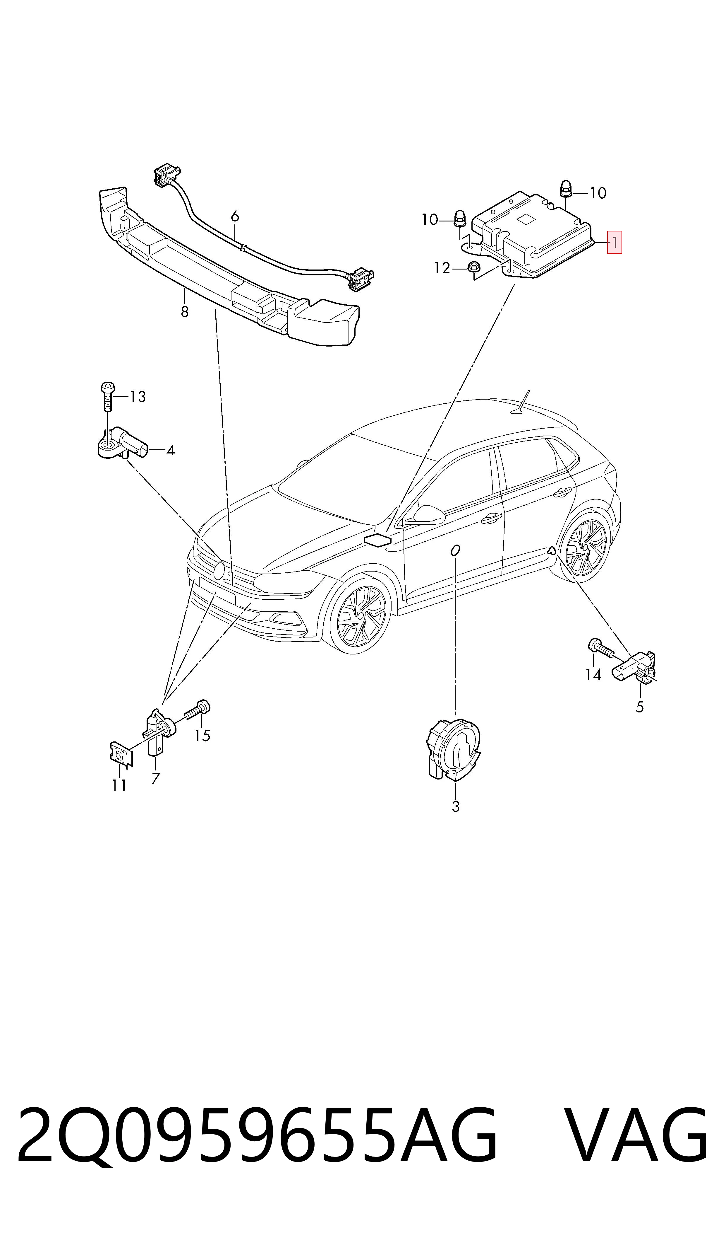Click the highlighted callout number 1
pyautogui.click(x=615, y=242)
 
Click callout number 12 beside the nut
pyautogui.click(x=442, y=268)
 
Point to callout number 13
pyautogui.click(x=138, y=397)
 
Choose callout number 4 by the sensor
pyautogui.click(x=170, y=450)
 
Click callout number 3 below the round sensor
pyautogui.click(x=455, y=806)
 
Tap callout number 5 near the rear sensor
pyautogui.click(x=640, y=707)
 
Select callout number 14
pyautogui.click(x=593, y=675)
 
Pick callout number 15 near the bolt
pyautogui.click(x=202, y=736)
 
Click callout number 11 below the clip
pyautogui.click(x=119, y=785)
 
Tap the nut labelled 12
pyautogui.click(x=473, y=268)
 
